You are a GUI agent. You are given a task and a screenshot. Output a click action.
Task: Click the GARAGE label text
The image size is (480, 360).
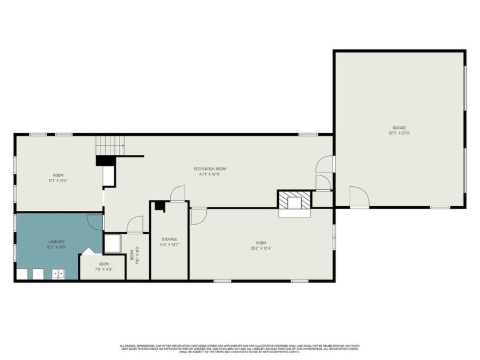399,127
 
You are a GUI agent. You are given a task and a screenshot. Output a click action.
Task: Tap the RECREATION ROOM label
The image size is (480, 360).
210,169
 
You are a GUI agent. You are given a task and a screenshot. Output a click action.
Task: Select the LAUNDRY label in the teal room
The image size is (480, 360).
56,241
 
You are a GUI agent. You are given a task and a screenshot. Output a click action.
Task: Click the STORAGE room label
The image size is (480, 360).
169,239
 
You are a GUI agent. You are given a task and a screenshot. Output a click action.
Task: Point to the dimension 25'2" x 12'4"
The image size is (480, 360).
261,248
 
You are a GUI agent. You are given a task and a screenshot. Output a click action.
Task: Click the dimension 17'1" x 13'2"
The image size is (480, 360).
58,181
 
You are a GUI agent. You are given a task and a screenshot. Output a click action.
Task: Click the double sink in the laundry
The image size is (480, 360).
58,274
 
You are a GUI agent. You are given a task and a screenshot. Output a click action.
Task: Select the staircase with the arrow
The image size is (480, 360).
110,145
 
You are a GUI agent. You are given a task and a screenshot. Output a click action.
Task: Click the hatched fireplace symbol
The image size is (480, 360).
295,200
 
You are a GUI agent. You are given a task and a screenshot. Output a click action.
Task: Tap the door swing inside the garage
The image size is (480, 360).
359,197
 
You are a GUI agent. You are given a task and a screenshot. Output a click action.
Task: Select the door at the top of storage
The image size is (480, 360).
178,193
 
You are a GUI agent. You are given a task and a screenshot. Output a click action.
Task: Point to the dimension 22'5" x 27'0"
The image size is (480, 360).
399,133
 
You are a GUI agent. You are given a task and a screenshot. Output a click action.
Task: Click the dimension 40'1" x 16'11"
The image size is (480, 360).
210,175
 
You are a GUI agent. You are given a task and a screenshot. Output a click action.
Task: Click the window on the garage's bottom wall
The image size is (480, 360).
439,207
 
